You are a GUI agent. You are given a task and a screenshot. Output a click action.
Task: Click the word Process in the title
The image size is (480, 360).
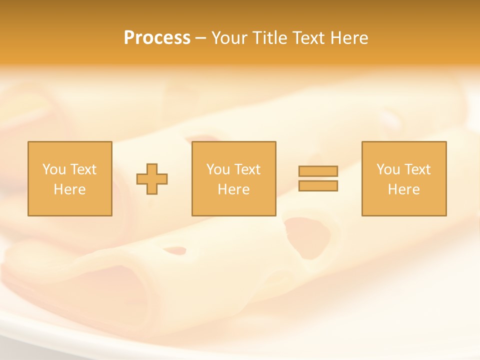tap(157, 38)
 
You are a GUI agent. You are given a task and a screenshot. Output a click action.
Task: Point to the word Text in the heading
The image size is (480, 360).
tap(309, 38)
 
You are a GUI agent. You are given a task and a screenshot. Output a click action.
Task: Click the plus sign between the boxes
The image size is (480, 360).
tap(152, 179)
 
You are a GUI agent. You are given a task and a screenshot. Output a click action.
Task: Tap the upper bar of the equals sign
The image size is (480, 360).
tap(318, 171)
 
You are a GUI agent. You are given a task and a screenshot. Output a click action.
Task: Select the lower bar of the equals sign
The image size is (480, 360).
tap(318, 185)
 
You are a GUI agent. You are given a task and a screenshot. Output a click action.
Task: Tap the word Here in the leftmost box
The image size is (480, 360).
tap(69, 189)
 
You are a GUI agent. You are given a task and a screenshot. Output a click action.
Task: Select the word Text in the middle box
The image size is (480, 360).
tap(247, 169)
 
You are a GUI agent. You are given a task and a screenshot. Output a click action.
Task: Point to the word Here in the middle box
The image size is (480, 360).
tap(233, 189)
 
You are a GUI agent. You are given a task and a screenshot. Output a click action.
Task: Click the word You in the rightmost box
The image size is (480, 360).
tap(388, 169)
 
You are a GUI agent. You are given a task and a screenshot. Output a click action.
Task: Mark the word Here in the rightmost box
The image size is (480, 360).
tap(403, 189)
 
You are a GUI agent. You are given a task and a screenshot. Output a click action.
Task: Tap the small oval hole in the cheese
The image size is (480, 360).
tap(174, 250)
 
